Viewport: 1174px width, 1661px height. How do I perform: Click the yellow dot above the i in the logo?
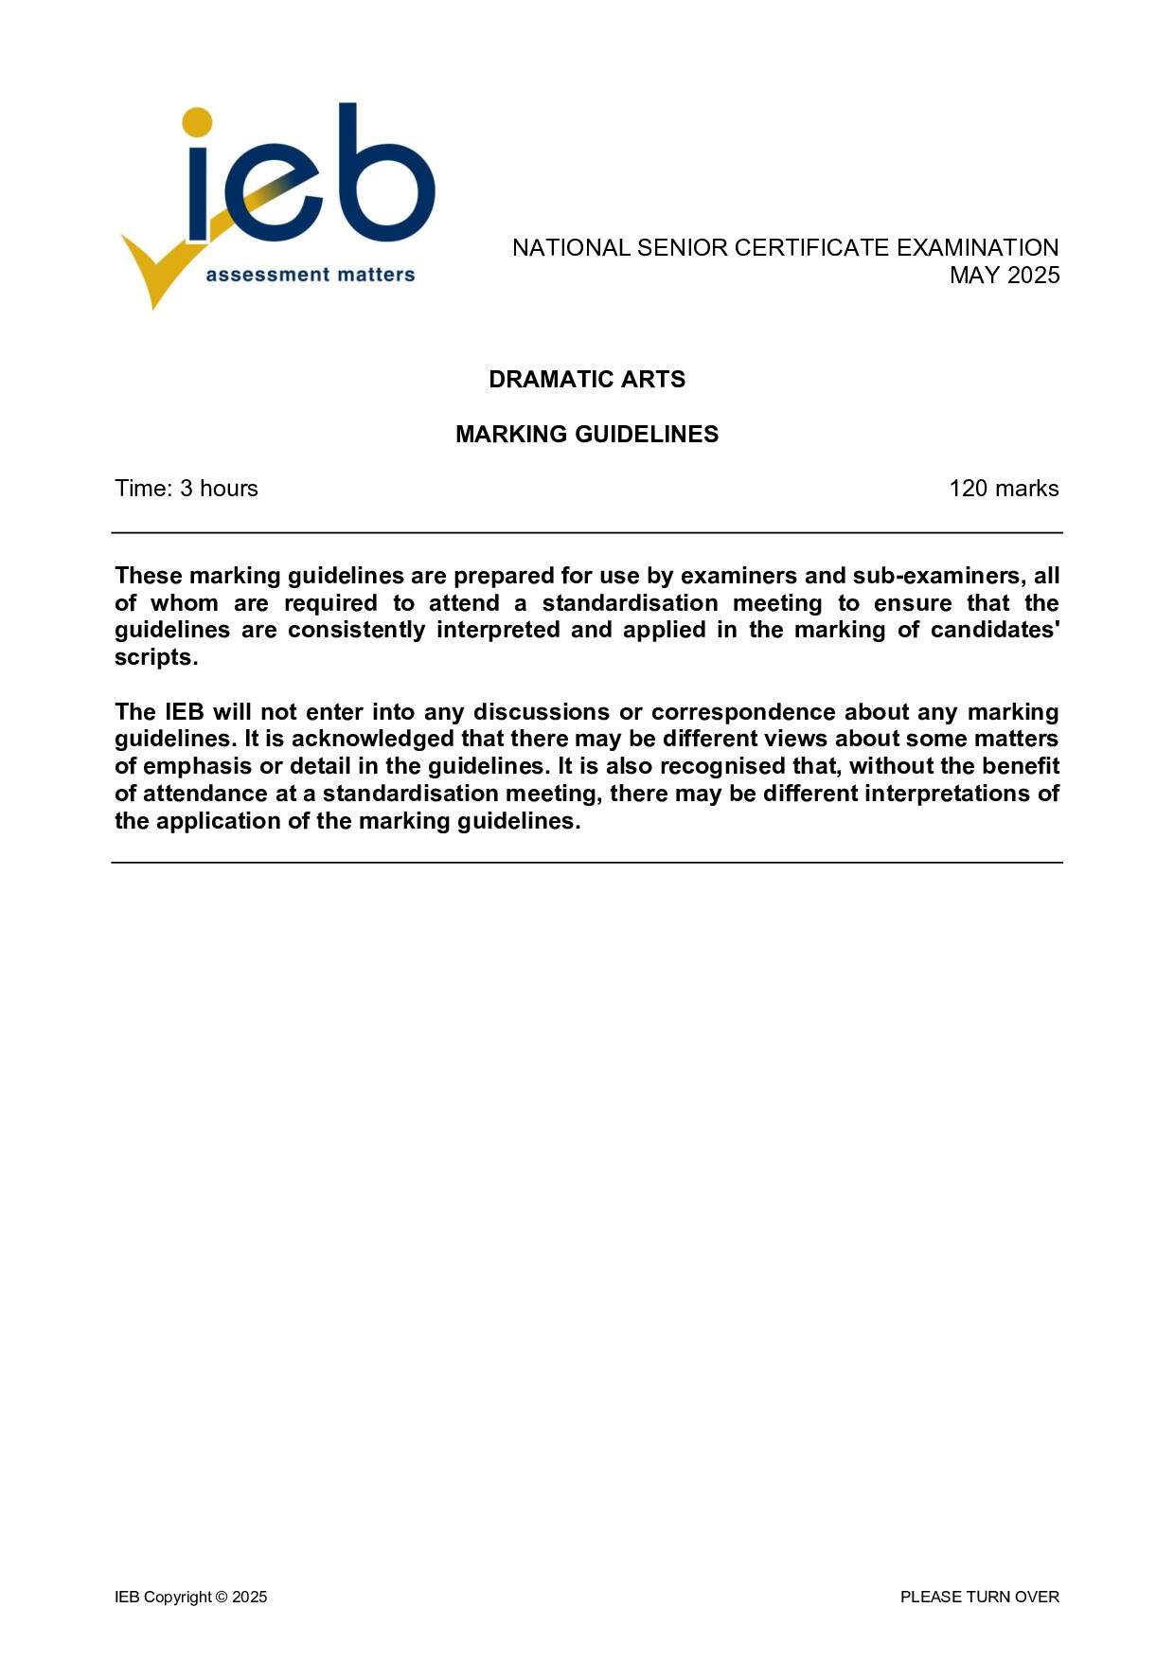pos(197,122)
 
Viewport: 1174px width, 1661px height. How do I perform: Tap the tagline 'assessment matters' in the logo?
pos(311,275)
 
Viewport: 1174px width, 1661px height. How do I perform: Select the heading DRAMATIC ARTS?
pos(587,379)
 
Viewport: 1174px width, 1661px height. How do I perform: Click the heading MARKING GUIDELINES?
pos(587,434)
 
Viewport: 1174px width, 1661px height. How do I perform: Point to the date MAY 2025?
pos(1005,276)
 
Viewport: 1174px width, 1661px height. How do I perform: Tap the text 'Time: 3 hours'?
pos(187,489)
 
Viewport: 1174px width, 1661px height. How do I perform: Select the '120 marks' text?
pos(1004,489)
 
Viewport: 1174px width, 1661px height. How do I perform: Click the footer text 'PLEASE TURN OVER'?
pos(979,1597)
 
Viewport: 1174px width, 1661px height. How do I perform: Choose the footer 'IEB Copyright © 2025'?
pos(191,1597)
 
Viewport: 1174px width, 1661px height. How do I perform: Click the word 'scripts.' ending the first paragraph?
pos(156,658)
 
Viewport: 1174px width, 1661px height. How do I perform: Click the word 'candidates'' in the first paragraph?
pos(995,631)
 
